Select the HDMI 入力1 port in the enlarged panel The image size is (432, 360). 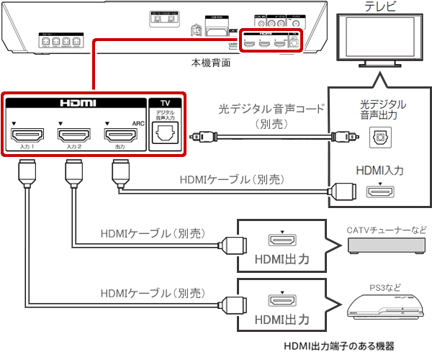[x=29, y=135]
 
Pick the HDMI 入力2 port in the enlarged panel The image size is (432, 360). [x=72, y=135]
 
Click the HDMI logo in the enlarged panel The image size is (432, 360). [x=72, y=104]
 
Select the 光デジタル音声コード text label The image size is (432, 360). [x=271, y=109]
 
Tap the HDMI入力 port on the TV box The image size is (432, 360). [x=379, y=192]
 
